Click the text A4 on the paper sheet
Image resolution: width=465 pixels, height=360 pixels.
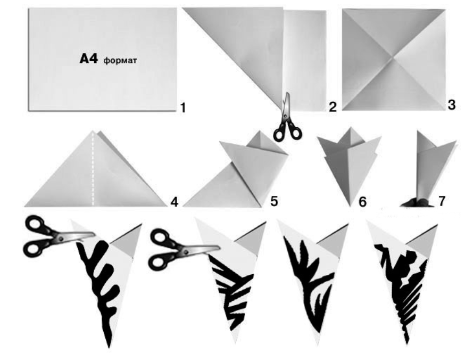click(88, 59)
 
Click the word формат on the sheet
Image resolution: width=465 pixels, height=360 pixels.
click(120, 61)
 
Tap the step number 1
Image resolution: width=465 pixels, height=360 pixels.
click(183, 108)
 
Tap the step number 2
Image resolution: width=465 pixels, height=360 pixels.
click(333, 107)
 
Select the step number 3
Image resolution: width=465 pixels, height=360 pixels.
click(451, 105)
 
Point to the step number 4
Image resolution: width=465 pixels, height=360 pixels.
click(174, 202)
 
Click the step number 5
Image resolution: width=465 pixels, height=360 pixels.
click(274, 201)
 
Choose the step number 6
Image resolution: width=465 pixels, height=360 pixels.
click(362, 202)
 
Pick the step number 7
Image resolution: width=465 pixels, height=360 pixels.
click(442, 201)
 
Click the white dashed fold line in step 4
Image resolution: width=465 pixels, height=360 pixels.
click(93, 169)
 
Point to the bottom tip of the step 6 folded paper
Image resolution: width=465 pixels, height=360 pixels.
click(351, 206)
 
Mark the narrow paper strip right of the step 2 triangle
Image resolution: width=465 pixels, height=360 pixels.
click(305, 61)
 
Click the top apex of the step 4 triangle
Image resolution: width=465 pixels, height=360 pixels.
click(94, 131)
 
